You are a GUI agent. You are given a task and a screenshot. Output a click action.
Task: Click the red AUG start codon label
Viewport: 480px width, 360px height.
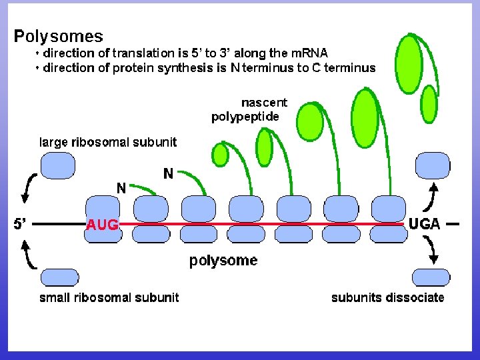102,225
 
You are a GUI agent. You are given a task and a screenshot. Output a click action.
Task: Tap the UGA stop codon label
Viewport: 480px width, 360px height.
424,224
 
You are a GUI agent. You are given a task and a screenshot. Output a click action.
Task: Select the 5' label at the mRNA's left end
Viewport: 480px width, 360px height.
21,225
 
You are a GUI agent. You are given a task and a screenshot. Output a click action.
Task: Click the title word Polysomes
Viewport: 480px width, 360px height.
59,35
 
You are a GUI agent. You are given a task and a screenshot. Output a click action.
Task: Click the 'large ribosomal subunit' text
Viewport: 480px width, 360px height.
108,141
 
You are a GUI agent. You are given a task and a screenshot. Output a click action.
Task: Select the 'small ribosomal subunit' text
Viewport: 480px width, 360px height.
109,297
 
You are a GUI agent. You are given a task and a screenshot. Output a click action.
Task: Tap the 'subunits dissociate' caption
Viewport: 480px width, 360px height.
387,297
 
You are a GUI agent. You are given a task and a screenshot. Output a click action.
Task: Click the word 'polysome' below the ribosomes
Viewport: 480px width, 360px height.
223,261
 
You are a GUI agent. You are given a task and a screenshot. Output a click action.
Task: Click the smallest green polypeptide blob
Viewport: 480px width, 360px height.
220,155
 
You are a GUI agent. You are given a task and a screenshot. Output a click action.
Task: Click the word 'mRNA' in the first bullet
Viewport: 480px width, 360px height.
309,53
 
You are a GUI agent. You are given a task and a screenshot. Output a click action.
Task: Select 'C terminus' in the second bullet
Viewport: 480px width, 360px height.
344,67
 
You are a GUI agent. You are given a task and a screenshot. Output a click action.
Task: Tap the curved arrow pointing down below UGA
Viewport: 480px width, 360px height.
433,251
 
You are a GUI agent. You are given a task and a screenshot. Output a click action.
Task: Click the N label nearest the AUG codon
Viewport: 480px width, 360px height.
121,188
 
